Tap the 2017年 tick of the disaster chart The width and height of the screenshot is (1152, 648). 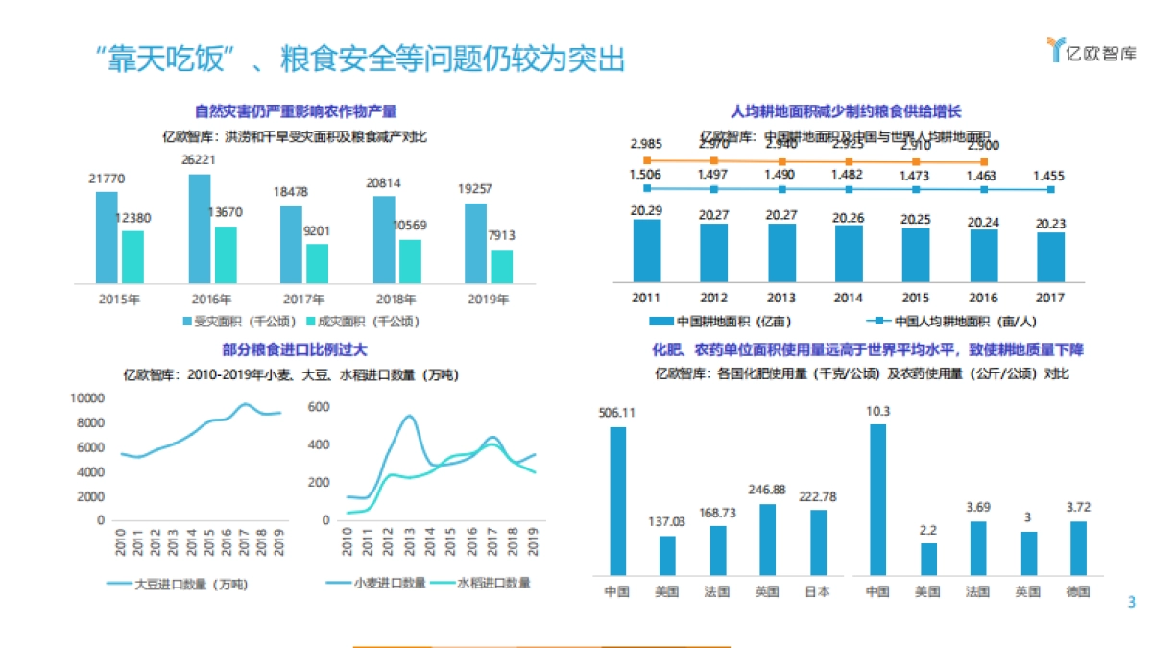[x=301, y=299]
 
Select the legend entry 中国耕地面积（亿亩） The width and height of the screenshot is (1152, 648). [x=722, y=321]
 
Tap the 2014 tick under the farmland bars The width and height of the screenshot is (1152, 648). [x=848, y=298]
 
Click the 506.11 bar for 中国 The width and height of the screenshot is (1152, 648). [x=617, y=499]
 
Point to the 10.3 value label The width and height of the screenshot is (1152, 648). [x=878, y=412]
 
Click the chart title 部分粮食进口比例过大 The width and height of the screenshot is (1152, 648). [x=295, y=350]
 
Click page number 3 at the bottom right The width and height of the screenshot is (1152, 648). [x=1131, y=603]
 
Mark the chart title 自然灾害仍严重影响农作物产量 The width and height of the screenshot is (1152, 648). [x=296, y=111]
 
